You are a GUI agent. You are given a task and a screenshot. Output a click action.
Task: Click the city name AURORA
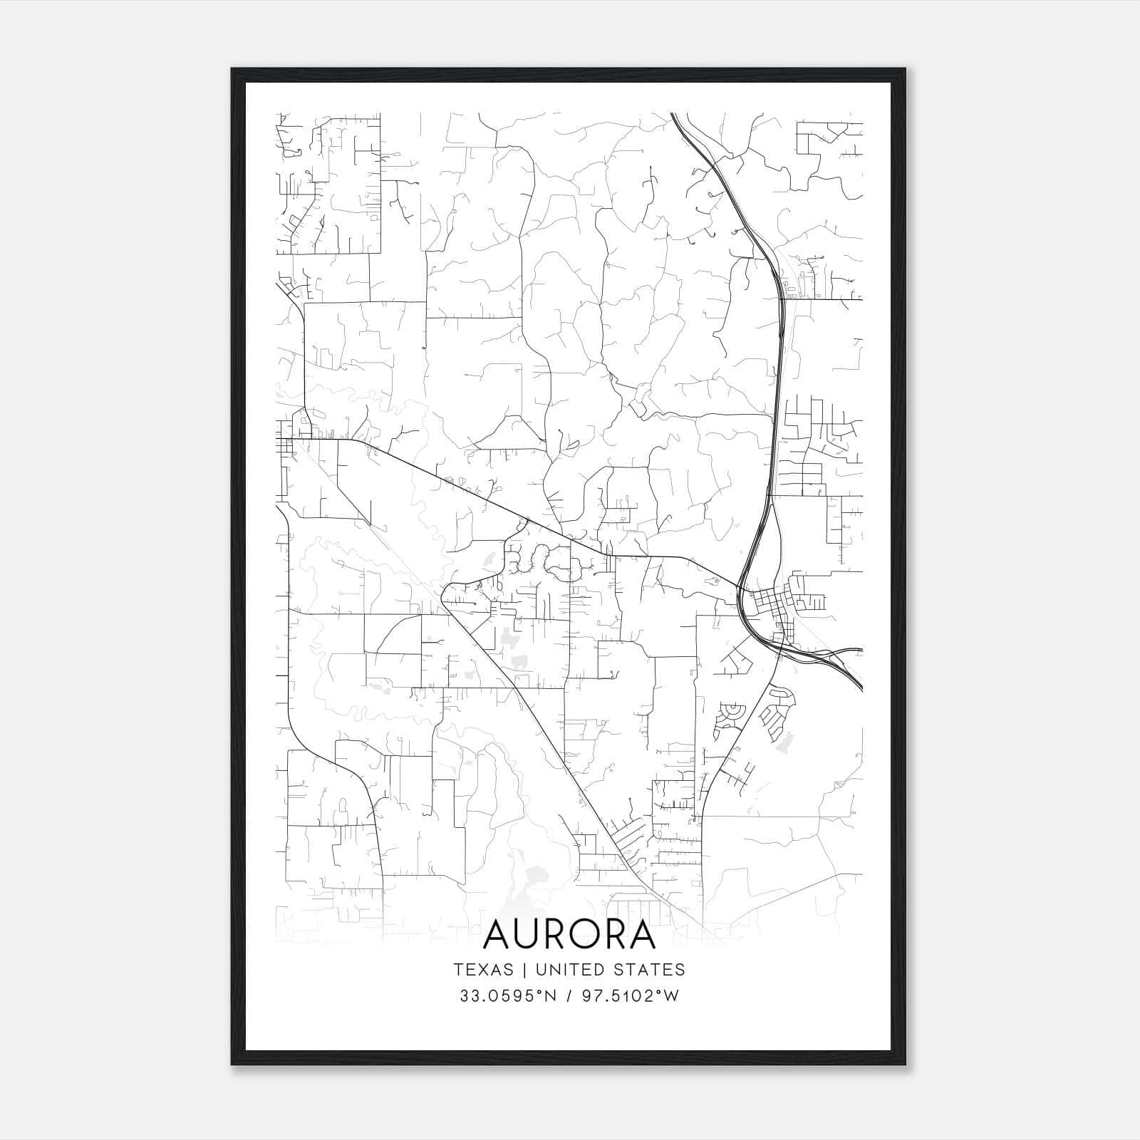[x=569, y=935]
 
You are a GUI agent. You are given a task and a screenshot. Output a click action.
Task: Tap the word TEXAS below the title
[x=483, y=970]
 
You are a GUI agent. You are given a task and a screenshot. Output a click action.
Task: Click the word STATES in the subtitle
[x=653, y=970]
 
